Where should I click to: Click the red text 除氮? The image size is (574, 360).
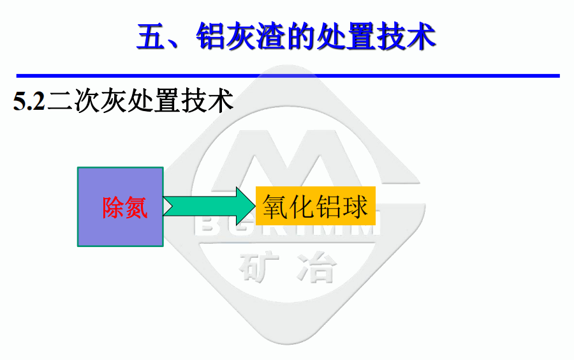125,207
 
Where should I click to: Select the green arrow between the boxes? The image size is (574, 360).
209,206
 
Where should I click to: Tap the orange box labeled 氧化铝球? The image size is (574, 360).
316,206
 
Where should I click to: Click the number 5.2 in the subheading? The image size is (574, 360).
29,101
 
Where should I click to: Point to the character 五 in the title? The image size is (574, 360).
151,36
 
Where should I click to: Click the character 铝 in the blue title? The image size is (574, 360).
210,36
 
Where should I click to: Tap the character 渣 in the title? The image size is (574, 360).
270,36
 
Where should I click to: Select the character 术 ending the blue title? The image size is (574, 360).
421,36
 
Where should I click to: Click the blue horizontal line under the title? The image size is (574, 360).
288,76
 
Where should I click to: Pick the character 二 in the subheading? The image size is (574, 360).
61,101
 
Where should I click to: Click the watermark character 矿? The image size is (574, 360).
258,267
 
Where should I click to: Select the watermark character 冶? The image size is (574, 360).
316,267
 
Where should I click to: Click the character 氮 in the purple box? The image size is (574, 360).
136,207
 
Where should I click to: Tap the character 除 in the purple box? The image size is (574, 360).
114,207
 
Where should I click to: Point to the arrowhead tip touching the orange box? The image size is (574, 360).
256,206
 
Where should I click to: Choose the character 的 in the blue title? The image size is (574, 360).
300,36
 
